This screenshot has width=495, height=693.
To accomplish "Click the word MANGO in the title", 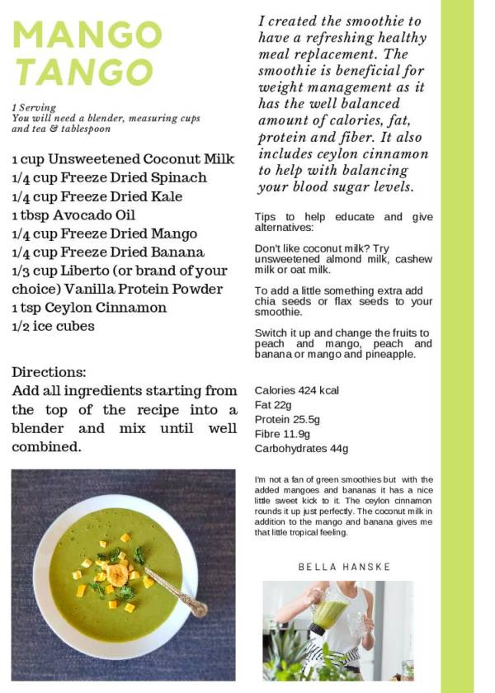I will (87, 35).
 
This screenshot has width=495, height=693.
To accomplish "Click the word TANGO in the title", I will (83, 72).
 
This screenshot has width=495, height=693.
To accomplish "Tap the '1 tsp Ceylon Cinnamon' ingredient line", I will (89, 308).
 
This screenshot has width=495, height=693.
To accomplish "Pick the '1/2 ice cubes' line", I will (53, 326).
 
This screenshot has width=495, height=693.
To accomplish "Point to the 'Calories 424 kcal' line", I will (296, 390).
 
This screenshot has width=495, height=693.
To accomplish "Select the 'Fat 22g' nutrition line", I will (273, 405).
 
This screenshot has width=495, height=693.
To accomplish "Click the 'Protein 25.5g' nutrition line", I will (286, 420).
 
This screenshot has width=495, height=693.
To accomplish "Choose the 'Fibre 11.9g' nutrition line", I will (282, 434).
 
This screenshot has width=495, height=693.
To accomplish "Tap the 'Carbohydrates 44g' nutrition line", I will (301, 449).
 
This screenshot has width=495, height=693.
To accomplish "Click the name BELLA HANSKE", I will (344, 567).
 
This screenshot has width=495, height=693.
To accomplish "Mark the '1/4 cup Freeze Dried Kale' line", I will (97, 196).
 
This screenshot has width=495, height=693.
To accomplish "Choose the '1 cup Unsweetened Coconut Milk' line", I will (123, 159).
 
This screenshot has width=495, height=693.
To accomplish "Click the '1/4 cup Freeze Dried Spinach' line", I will (109, 177).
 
